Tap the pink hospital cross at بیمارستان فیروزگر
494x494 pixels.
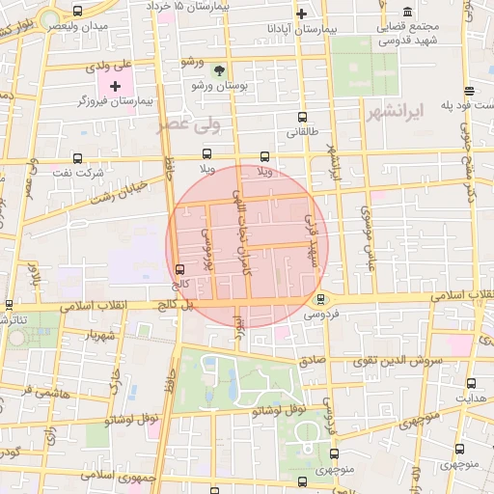(116, 87)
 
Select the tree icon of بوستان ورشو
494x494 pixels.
(219, 70)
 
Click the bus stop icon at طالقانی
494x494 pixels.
(304, 115)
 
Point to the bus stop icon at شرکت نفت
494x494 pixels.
(77, 158)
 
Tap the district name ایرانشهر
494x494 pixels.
(396, 113)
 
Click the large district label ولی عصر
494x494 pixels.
(192, 123)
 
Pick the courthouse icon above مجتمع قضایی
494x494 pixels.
(407, 11)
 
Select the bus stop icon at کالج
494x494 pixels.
(178, 269)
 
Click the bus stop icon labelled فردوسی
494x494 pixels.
(321, 299)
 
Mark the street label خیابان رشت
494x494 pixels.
(117, 190)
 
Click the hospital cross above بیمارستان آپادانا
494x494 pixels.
(302, 14)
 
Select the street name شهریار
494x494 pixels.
(100, 336)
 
